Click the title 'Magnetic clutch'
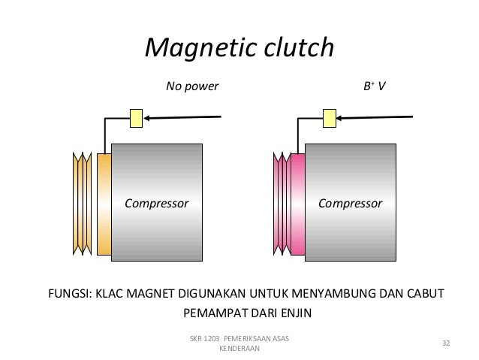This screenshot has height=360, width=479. (239, 49)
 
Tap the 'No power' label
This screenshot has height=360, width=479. (191, 86)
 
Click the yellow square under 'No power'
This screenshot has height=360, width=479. (136, 117)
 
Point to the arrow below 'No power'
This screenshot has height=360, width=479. (184, 116)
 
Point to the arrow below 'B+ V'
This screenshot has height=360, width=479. (375, 116)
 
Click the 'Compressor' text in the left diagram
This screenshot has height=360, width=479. (156, 203)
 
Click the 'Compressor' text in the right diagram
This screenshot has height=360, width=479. (350, 203)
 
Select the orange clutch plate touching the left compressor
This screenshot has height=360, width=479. (104, 204)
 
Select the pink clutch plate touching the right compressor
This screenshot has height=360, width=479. (297, 204)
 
